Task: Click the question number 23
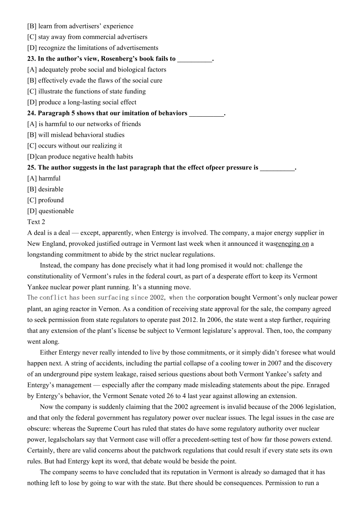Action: (31, 59)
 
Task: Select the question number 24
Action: (31, 113)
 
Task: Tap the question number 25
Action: (31, 168)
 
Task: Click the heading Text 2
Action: (36, 222)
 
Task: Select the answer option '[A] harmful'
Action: (44, 178)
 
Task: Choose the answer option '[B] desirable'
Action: (45, 189)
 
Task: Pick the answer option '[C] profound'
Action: (45, 200)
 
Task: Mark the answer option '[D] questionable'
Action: (50, 211)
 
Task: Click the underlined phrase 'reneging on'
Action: (292, 244)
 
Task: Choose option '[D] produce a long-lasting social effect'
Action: (81, 102)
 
